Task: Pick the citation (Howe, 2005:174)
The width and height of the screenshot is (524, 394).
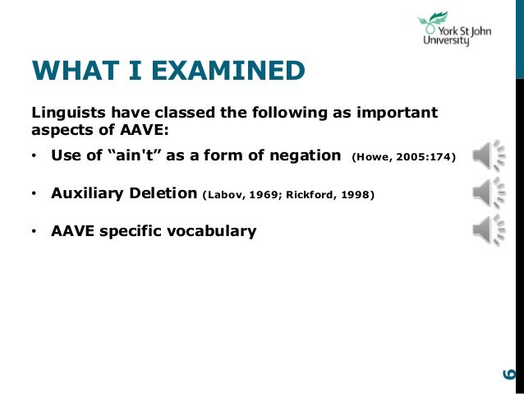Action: coord(402,156)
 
